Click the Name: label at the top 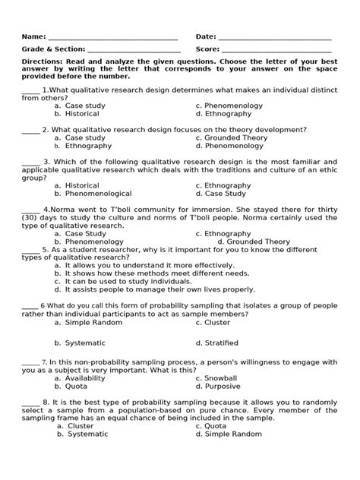click(x=33, y=36)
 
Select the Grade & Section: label click(x=52, y=49)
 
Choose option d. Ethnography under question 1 click(x=223, y=114)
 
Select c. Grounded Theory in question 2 click(x=231, y=138)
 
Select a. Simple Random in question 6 click(x=93, y=322)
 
